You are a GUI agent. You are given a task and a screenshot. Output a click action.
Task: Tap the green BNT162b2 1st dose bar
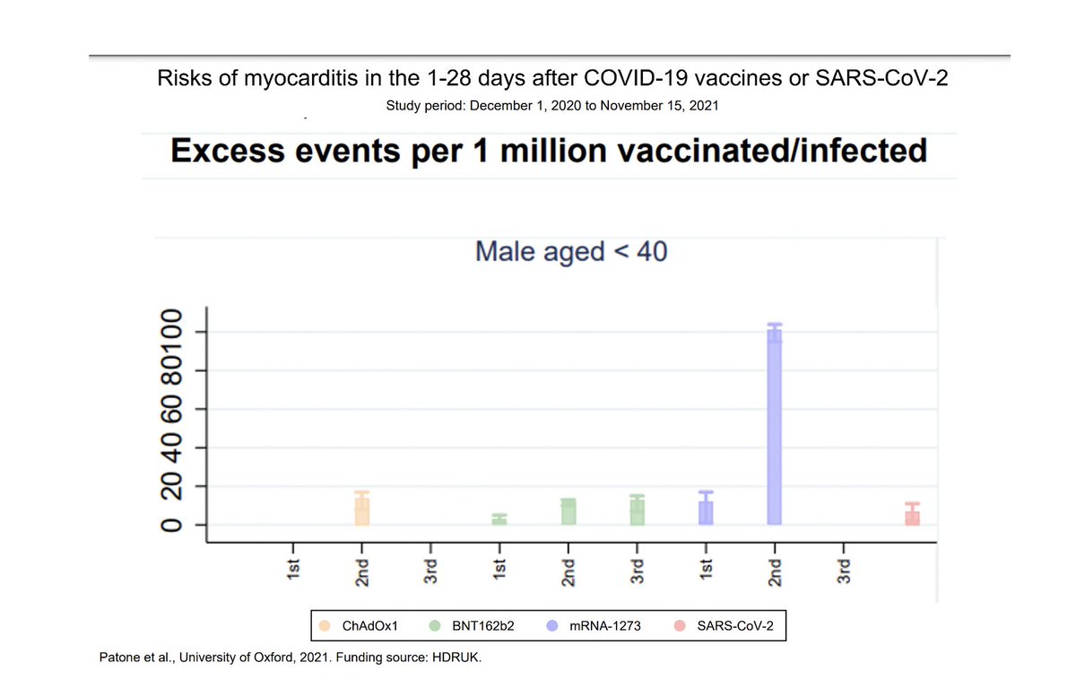pyautogui.click(x=499, y=520)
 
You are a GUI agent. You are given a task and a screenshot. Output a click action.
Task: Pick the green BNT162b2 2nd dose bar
pyautogui.click(x=568, y=511)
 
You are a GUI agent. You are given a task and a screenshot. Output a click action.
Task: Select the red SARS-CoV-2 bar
pyautogui.click(x=912, y=517)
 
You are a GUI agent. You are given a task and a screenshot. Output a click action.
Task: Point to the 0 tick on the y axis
pyautogui.click(x=170, y=525)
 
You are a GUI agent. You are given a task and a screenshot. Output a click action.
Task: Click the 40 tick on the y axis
pyautogui.click(x=170, y=448)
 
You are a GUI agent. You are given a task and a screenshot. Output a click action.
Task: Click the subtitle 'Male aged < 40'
pyautogui.click(x=571, y=251)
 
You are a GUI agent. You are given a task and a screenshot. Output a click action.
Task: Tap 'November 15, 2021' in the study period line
pyautogui.click(x=660, y=106)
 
